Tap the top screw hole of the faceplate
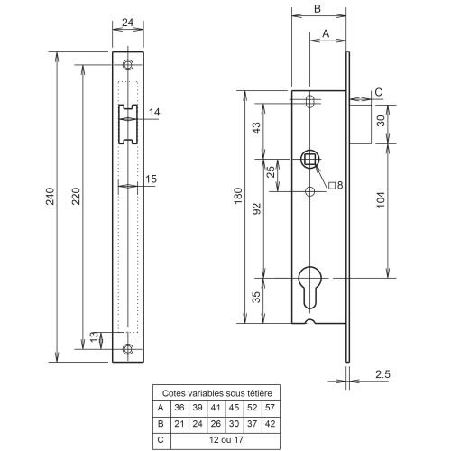tap(127, 65)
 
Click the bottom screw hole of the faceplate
tap(127, 349)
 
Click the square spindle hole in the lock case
tap(310, 160)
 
